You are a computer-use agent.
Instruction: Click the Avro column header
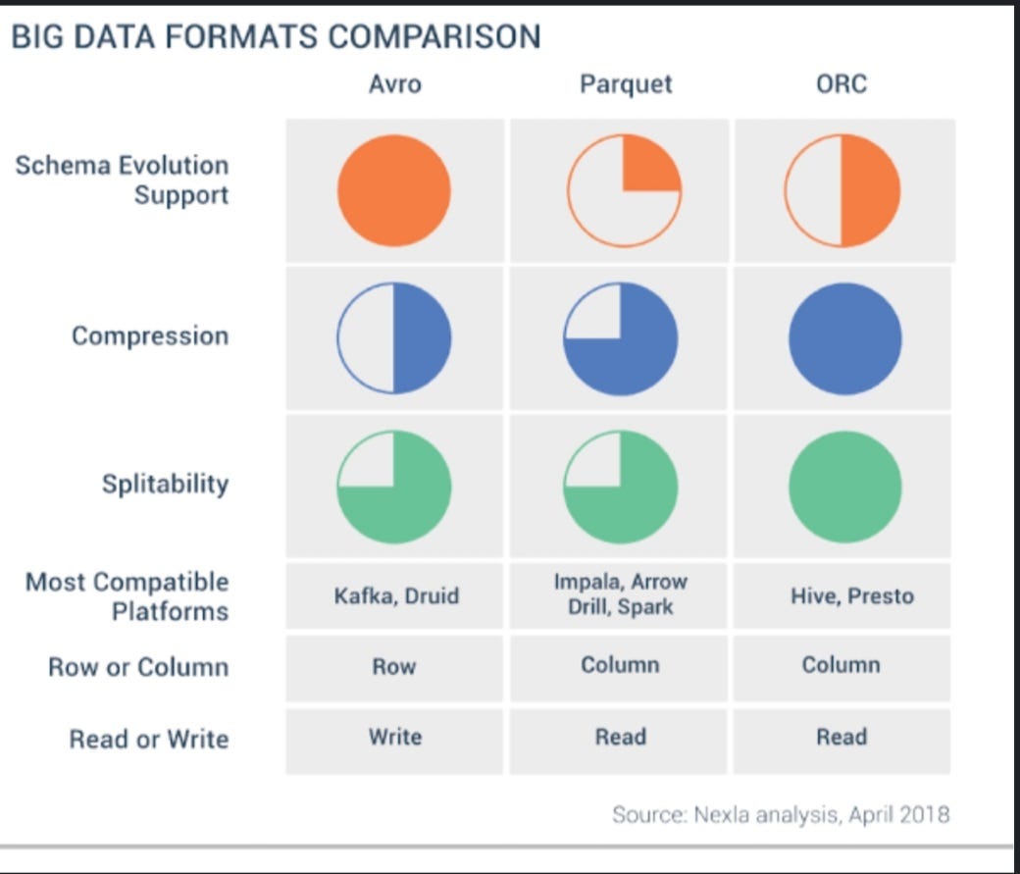(x=394, y=84)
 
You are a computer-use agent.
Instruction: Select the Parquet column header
(x=626, y=84)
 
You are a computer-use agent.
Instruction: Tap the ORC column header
(x=841, y=84)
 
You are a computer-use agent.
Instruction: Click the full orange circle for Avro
(x=394, y=190)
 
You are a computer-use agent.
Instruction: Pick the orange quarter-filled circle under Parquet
(x=624, y=190)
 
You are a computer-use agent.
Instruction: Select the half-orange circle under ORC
(x=841, y=190)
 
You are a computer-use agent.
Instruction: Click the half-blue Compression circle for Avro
(x=394, y=338)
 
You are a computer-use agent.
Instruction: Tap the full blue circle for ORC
(x=844, y=338)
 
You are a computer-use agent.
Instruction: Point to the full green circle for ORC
(x=844, y=487)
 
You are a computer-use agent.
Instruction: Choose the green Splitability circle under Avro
(x=394, y=487)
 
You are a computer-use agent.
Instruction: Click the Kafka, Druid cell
(x=394, y=595)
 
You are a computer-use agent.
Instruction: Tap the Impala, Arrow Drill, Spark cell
(x=620, y=594)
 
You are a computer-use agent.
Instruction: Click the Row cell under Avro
(x=394, y=667)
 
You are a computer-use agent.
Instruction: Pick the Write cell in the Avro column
(x=394, y=737)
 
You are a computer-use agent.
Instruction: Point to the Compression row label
(x=150, y=336)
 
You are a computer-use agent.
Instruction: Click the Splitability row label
(x=165, y=485)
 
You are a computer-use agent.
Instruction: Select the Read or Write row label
(x=148, y=739)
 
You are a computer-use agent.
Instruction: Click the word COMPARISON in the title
(x=433, y=37)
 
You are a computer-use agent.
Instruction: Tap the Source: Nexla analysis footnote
(x=781, y=814)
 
